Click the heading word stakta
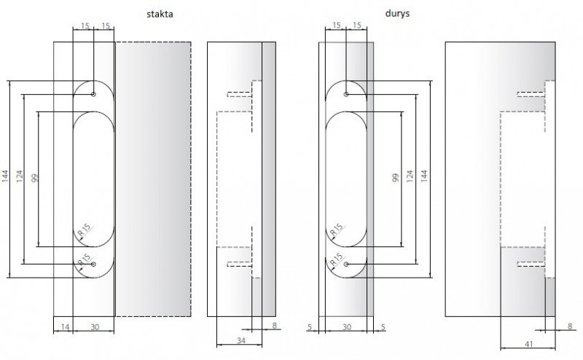[x=160, y=14]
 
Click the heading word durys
[x=397, y=14]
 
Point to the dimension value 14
[x=65, y=327]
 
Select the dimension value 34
[x=241, y=340]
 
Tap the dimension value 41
[x=529, y=344]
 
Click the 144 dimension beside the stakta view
[x=5, y=176]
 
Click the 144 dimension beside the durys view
[x=424, y=176]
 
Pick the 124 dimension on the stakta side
[x=20, y=176]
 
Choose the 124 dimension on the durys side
[x=410, y=176]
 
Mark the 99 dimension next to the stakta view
[x=34, y=178]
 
